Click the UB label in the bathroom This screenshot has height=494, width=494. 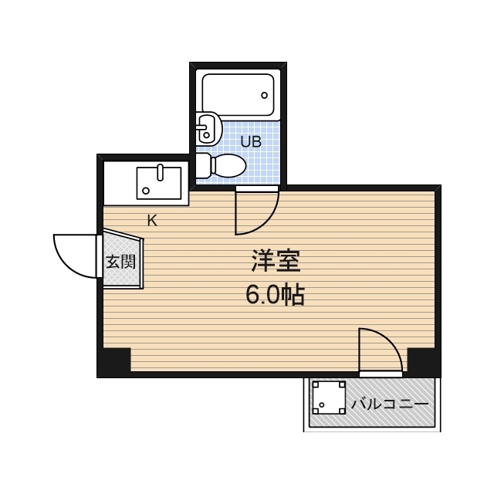pyautogui.click(x=251, y=142)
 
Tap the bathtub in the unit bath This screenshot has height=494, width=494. pyautogui.click(x=238, y=95)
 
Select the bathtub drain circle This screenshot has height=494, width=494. pyautogui.click(x=265, y=96)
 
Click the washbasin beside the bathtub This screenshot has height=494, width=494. pyautogui.click(x=208, y=129)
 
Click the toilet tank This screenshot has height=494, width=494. pyautogui.click(x=202, y=165)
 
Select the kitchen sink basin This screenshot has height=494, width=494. pyautogui.click(x=159, y=183)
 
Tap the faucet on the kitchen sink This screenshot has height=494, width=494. pyautogui.click(x=160, y=169)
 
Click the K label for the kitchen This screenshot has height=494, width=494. pyautogui.click(x=152, y=221)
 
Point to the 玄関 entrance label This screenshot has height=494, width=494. pyautogui.click(x=120, y=262)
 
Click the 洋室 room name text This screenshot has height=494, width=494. pyautogui.click(x=275, y=262)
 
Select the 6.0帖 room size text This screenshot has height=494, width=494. pyautogui.click(x=275, y=295)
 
